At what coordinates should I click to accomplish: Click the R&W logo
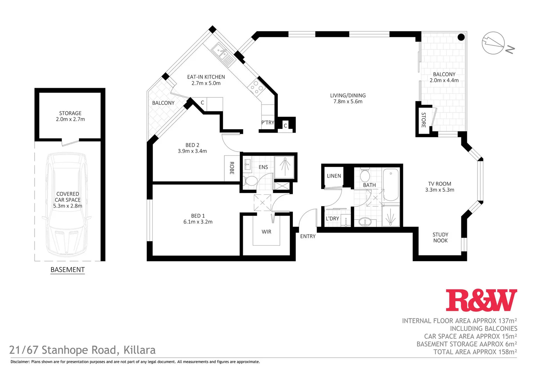pyautogui.click(x=481, y=300)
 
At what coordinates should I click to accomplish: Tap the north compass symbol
pyautogui.click(x=493, y=43)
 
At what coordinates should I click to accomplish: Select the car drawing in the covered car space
pyautogui.click(x=68, y=204)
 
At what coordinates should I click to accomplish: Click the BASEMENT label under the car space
pyautogui.click(x=67, y=269)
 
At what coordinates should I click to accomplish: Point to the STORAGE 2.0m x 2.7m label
pyautogui.click(x=70, y=116)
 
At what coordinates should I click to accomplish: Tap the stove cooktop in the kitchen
pyautogui.click(x=256, y=87)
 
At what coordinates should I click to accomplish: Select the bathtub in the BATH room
pyautogui.click(x=391, y=185)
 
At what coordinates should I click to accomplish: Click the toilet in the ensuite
pyautogui.click(x=250, y=181)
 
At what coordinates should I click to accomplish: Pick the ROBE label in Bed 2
pyautogui.click(x=232, y=168)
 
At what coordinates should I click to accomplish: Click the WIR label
pyautogui.click(x=266, y=232)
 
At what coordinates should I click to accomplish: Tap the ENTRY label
pyautogui.click(x=308, y=236)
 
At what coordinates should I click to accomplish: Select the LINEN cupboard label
pyautogui.click(x=334, y=176)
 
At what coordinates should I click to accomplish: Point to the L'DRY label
pyautogui.click(x=332, y=219)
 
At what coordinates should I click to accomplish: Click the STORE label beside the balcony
pyautogui.click(x=424, y=120)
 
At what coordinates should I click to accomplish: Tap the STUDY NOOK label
pyautogui.click(x=440, y=237)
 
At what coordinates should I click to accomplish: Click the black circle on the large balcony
pyautogui.click(x=461, y=37)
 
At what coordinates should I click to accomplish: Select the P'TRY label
pyautogui.click(x=268, y=123)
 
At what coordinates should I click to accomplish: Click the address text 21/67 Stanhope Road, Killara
pyautogui.click(x=82, y=350)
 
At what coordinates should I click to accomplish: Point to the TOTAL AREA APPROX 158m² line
pyautogui.click(x=475, y=352)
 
